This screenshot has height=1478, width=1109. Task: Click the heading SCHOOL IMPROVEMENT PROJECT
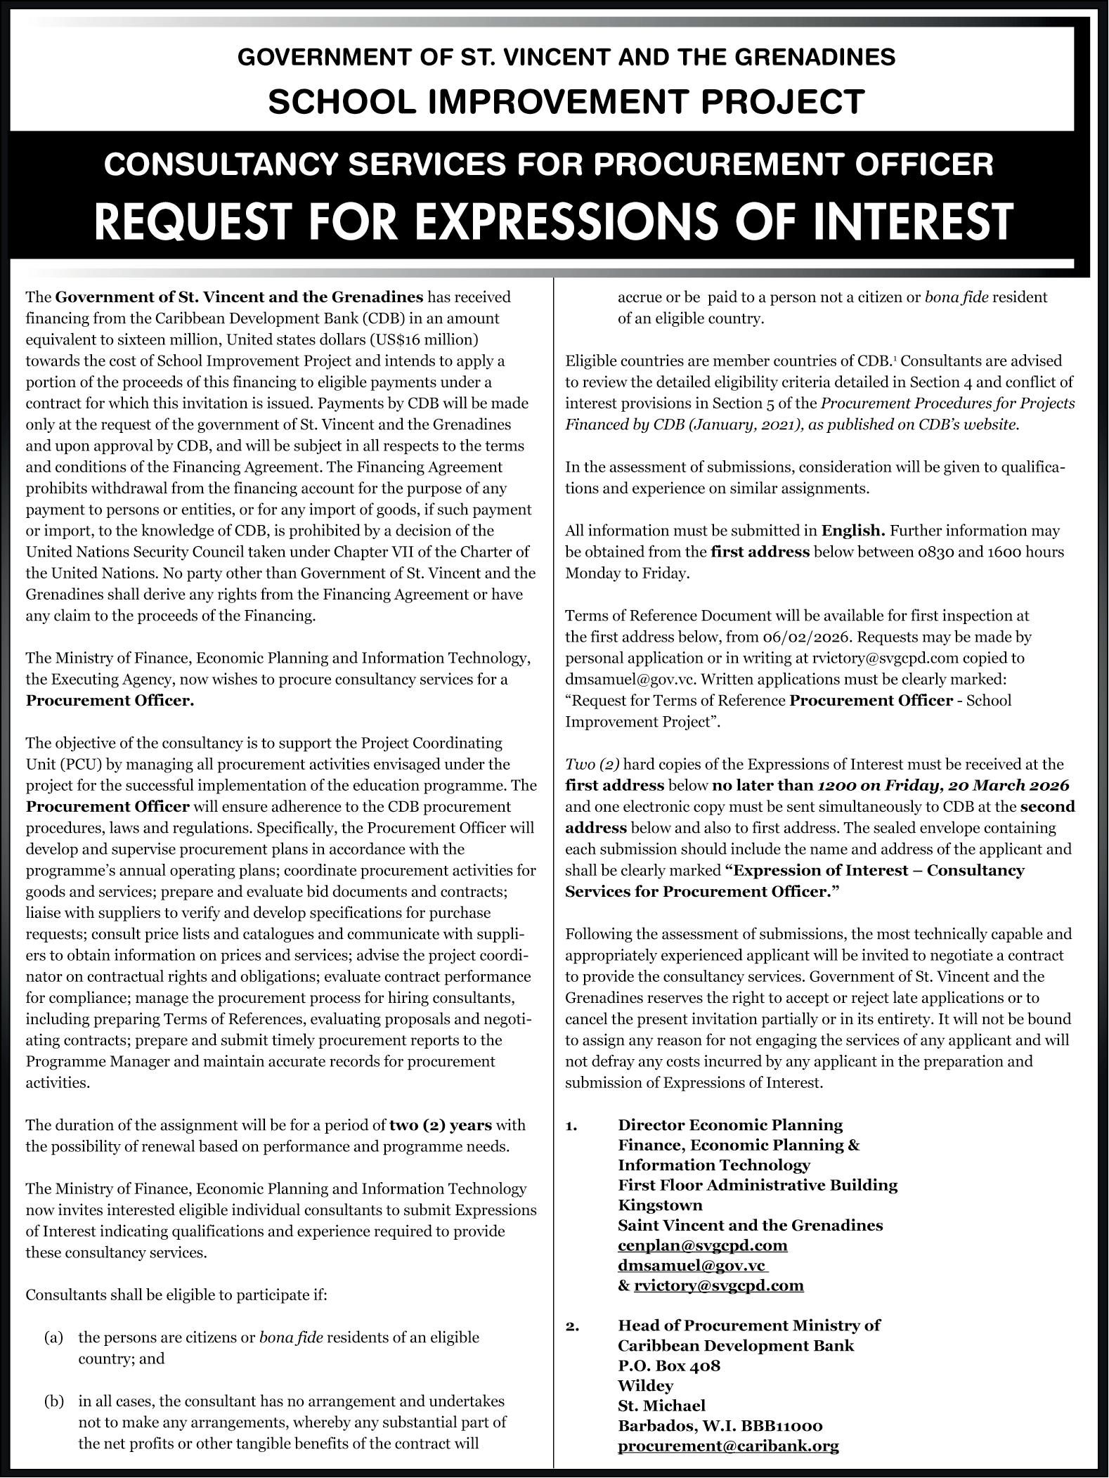point(566,102)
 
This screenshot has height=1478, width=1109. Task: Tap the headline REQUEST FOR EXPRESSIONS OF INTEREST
point(554,221)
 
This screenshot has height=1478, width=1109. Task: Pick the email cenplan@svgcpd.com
point(703,1245)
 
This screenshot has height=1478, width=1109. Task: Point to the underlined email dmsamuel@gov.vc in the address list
point(692,1265)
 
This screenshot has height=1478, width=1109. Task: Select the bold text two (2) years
point(441,1125)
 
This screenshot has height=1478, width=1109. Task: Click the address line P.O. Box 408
point(669,1366)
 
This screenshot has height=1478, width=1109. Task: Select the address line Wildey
point(645,1386)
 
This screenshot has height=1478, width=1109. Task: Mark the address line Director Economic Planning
point(730,1125)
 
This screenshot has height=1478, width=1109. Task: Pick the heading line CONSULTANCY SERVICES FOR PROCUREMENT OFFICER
point(548,164)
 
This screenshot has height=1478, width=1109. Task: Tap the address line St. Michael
point(661,1406)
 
